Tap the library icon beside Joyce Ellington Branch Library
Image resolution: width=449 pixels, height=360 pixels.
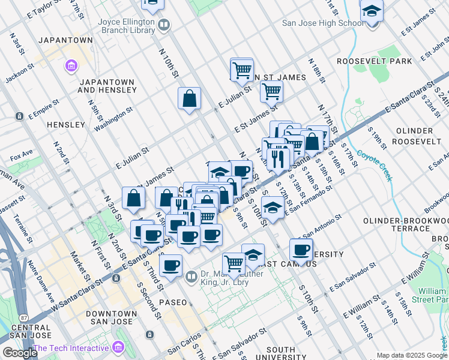pos(164,25)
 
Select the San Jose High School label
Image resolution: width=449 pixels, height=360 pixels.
pos(323,23)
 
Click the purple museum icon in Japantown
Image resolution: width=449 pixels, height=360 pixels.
pos(71,65)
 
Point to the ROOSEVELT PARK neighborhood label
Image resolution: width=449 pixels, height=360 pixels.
pos(374,61)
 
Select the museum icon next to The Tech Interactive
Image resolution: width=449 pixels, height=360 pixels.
pos(118,347)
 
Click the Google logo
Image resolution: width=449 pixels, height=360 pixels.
pos(20,353)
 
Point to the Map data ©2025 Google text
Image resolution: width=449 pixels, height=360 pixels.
pos(412,355)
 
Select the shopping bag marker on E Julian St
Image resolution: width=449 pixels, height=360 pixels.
pos(189,99)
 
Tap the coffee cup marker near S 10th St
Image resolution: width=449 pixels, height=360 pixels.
pos(301,249)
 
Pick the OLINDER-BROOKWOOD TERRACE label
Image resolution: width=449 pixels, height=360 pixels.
pos(405,225)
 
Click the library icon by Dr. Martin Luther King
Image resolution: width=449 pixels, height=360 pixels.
pos(191,277)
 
